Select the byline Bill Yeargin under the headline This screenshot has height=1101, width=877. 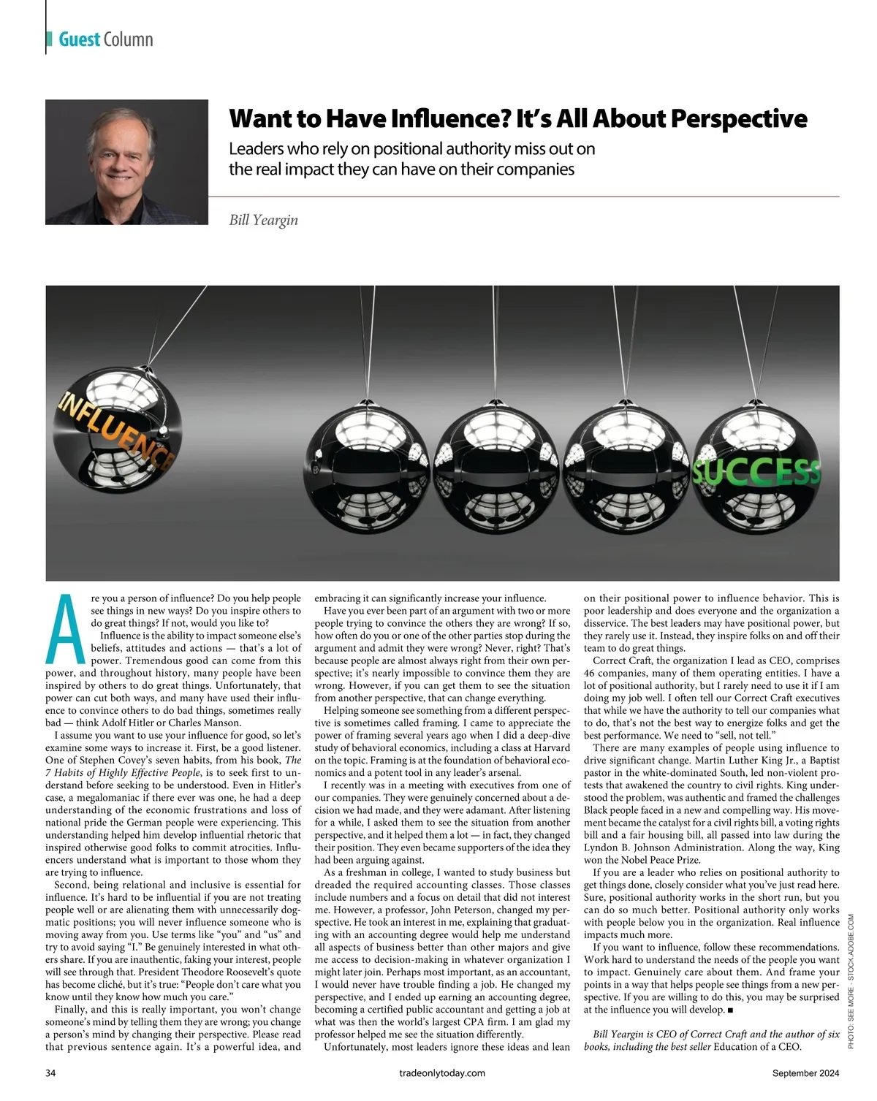[263, 220]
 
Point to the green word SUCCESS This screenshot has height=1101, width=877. [756, 473]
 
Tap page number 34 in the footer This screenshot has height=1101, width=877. [51, 1073]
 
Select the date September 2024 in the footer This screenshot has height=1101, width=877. [805, 1073]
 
